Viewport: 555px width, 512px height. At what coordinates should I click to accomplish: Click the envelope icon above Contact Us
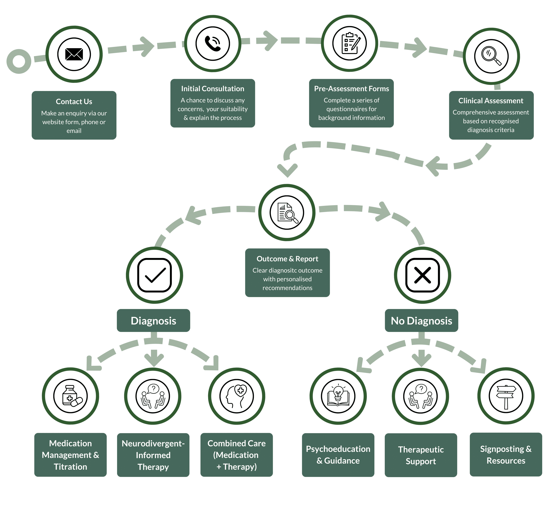point(74,54)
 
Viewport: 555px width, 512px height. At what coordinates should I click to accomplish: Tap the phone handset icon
point(213,44)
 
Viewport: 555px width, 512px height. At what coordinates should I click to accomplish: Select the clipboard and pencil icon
point(349,44)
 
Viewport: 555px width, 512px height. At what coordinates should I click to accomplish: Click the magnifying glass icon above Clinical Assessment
point(491,56)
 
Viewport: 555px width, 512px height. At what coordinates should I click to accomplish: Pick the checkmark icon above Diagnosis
point(154,275)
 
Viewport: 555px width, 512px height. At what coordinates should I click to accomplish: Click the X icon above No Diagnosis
point(423,275)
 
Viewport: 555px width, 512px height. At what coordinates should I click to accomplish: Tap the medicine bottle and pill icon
point(71,396)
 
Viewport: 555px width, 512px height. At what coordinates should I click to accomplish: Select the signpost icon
point(506,396)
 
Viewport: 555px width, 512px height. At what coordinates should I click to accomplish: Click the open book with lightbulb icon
point(338,397)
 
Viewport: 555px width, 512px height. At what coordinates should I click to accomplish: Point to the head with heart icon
point(237,397)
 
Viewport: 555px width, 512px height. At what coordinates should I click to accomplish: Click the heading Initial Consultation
point(213,89)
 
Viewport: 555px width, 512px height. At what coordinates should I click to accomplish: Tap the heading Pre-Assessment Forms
point(351,89)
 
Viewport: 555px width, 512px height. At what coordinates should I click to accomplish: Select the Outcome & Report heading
point(287,259)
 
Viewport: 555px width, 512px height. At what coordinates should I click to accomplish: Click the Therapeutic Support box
point(421,455)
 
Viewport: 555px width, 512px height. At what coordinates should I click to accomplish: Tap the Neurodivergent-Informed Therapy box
point(153,455)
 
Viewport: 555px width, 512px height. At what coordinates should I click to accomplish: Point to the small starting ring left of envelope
point(19,62)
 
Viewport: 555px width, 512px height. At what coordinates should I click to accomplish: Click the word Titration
point(70,467)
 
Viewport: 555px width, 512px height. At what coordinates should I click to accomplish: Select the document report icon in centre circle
point(287,213)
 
